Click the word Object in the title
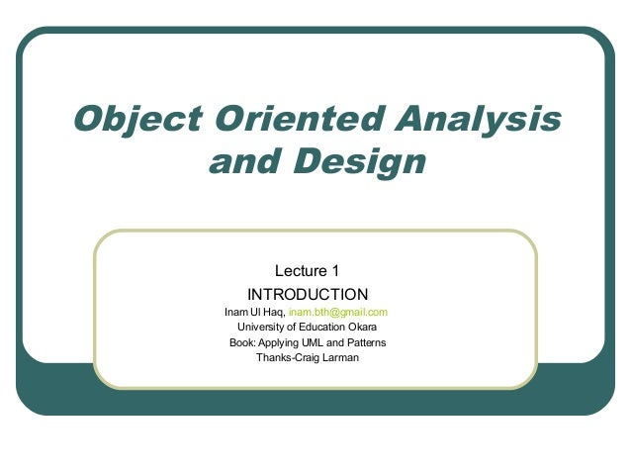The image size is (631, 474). tap(126, 120)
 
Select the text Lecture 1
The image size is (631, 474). tap(308, 269)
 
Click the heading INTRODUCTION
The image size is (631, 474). tap(308, 294)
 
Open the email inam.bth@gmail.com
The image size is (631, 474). tap(337, 312)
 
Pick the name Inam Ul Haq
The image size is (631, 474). tap(254, 312)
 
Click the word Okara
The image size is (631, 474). tap(361, 327)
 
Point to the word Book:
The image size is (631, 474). tap(242, 342)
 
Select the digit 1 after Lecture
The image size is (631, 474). tap(336, 269)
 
